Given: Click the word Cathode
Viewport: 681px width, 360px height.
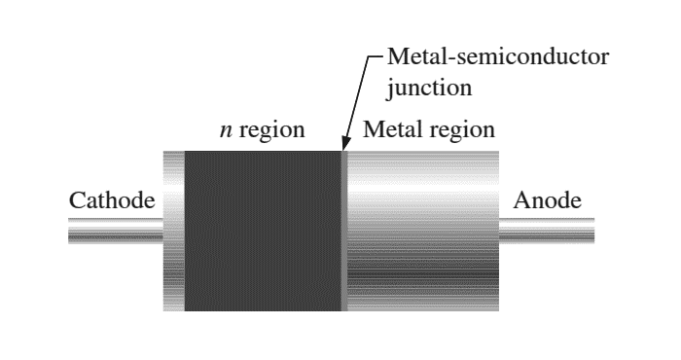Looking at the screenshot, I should tap(112, 201).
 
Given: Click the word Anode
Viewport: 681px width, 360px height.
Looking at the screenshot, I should tap(547, 201).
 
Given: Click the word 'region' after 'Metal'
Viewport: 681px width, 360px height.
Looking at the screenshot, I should tap(462, 130).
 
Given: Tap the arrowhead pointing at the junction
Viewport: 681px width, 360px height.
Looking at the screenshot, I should tap(346, 146).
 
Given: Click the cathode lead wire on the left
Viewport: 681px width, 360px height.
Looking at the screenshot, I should tap(115, 232).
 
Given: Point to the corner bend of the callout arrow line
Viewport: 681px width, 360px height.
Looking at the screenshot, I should tap(371, 57).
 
